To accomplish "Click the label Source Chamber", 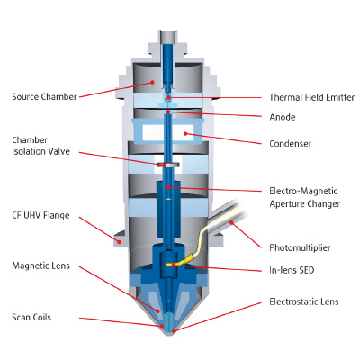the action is tap(44, 97).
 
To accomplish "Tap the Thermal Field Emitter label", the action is tap(312, 97).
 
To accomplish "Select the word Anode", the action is tap(283, 117).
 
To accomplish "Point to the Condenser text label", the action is tap(291, 143).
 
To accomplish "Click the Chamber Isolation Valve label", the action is tap(40, 146).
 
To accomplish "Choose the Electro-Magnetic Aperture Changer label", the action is tap(304, 197).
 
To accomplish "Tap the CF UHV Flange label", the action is tap(40, 215).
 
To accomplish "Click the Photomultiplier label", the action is tap(300, 247).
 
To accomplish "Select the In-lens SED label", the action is tap(292, 270).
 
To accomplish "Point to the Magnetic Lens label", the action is tap(40, 265).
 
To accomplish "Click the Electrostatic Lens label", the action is tap(304, 301).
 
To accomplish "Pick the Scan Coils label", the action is tap(31, 317).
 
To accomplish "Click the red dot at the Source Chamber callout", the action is tap(152, 82).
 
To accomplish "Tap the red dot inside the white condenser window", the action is tap(185, 133).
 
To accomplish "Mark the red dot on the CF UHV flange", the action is tap(120, 241).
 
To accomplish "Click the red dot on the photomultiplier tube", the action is tap(231, 222).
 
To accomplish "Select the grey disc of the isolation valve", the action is tap(168, 165).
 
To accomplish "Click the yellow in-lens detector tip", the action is tap(170, 265).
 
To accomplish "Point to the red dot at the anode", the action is tap(168, 112).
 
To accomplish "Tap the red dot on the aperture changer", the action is tap(168, 188).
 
